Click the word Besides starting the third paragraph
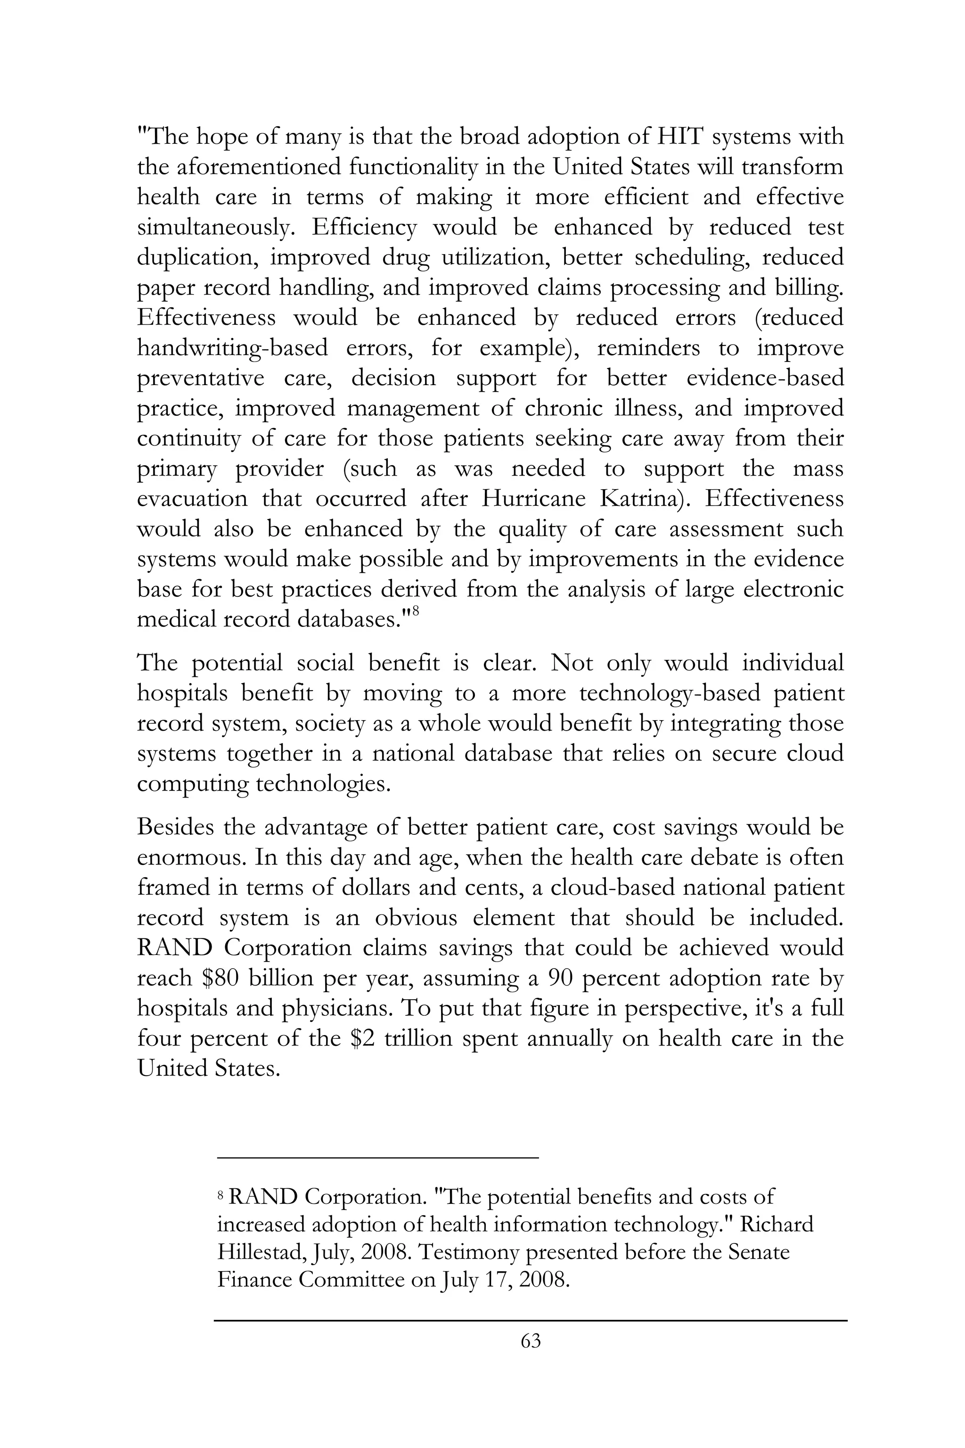pos(175,827)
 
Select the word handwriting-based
pos(232,348)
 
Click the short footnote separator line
pos(377,1159)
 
